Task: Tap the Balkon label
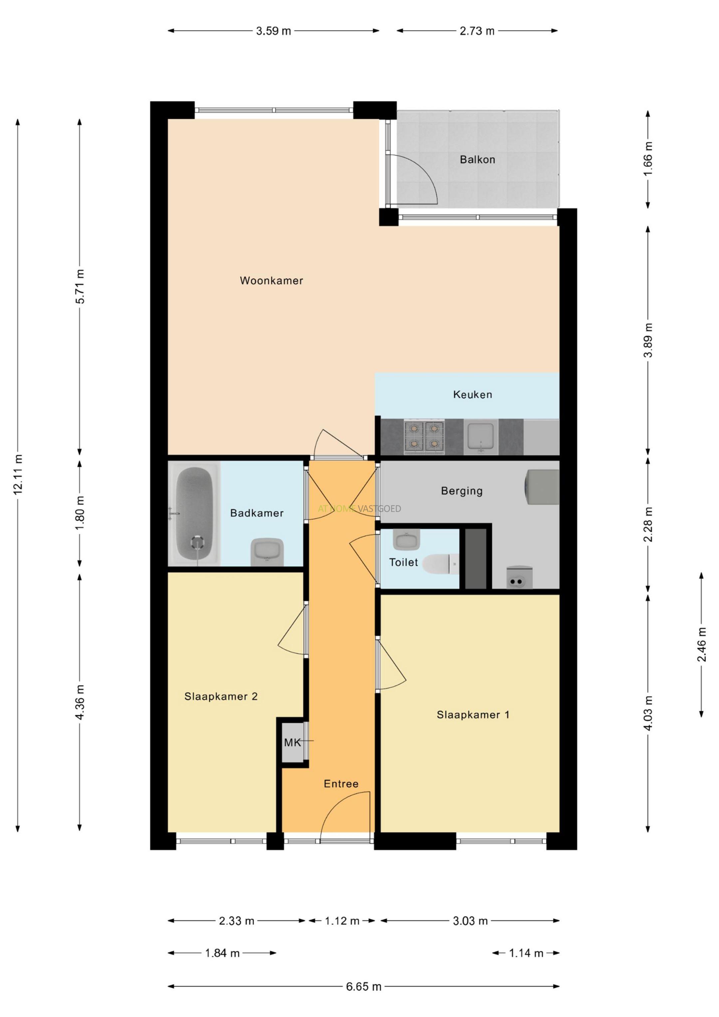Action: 477,159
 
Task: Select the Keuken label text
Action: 472,394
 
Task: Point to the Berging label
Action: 462,491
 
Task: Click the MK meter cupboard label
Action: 292,742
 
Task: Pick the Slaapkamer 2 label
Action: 221,696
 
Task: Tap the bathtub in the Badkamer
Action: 194,513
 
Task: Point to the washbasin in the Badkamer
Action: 267,552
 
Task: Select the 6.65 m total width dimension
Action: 364,986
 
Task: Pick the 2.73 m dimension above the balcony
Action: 477,31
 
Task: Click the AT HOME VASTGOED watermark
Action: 359,508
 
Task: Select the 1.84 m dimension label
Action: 222,953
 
